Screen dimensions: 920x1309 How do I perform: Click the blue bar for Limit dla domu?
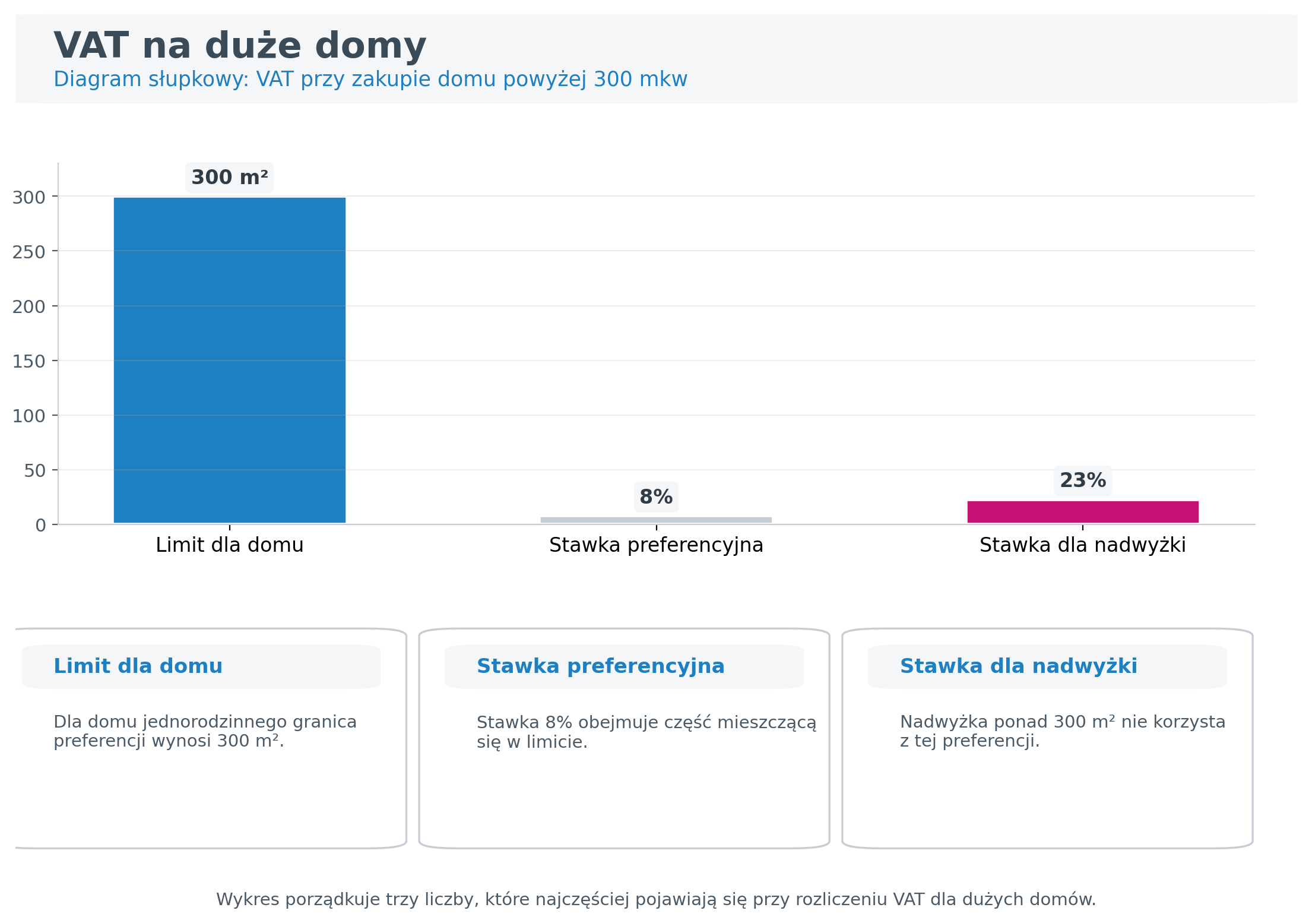pyautogui.click(x=229, y=360)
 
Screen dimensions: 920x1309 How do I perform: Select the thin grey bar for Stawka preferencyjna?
pyautogui.click(x=655, y=520)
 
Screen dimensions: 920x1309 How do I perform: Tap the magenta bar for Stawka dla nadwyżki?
pyautogui.click(x=1082, y=512)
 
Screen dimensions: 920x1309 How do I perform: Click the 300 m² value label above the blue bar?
pyautogui.click(x=229, y=178)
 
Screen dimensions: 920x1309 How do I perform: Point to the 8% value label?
pyautogui.click(x=655, y=497)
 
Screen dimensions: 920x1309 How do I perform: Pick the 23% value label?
pyautogui.click(x=1082, y=480)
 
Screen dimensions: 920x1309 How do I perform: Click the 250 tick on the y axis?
pyautogui.click(x=29, y=252)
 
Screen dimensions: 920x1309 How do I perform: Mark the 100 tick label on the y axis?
pyautogui.click(x=29, y=416)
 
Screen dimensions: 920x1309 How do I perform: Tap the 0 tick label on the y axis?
pyautogui.click(x=40, y=525)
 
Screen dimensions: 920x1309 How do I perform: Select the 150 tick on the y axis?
pyautogui.click(x=29, y=361)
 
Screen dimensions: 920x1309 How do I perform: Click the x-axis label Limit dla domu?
pyautogui.click(x=229, y=545)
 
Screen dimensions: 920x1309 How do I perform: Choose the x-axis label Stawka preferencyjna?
pyautogui.click(x=655, y=545)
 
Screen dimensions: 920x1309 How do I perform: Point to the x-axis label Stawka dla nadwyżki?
pyautogui.click(x=1082, y=545)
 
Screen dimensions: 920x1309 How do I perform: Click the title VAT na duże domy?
pyautogui.click(x=240, y=46)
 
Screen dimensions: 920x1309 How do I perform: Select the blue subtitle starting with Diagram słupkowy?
pyautogui.click(x=370, y=79)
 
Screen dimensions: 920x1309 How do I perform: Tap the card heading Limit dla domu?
pyautogui.click(x=138, y=666)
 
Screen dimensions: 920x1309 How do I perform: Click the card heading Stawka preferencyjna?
pyautogui.click(x=600, y=666)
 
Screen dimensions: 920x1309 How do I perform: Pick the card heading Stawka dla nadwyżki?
pyautogui.click(x=1018, y=666)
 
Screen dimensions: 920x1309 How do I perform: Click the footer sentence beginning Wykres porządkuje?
pyautogui.click(x=655, y=899)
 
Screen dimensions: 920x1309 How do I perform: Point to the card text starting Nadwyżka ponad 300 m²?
pyautogui.click(x=1062, y=731)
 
